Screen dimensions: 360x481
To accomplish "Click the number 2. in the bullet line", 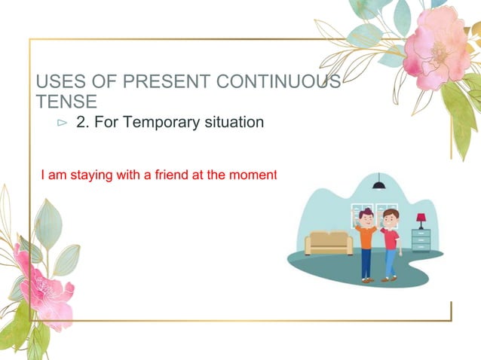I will [x=83, y=121].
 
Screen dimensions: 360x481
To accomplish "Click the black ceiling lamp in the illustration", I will [x=378, y=185].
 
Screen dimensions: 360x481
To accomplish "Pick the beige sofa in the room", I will [x=328, y=243].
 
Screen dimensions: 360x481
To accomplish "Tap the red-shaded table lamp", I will [x=420, y=220].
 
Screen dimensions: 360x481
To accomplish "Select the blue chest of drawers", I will [x=421, y=239].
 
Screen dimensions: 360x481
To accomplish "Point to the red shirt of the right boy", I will [x=391, y=239].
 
